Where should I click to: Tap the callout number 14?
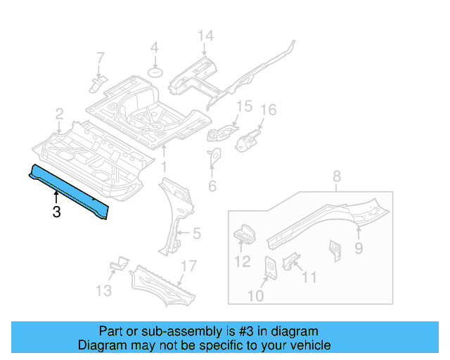pyautogui.click(x=204, y=37)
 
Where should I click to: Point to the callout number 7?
pyautogui.click(x=99, y=57)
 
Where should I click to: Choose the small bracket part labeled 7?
pyautogui.click(x=97, y=84)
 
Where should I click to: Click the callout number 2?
pyautogui.click(x=60, y=113)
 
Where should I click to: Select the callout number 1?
pyautogui.click(x=163, y=167)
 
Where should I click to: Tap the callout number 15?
pyautogui.click(x=243, y=106)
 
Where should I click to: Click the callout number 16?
pyautogui.click(x=269, y=110)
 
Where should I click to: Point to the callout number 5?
pyautogui.click(x=197, y=233)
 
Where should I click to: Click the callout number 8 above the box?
pyautogui.click(x=336, y=176)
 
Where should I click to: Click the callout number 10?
pyautogui.click(x=255, y=296)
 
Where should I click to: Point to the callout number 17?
pyautogui.click(x=187, y=266)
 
